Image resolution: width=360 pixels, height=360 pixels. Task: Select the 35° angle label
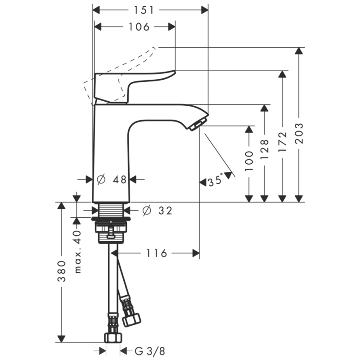click(x=215, y=181)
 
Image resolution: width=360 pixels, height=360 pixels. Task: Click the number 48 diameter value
click(x=119, y=180)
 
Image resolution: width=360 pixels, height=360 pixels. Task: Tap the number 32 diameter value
click(x=165, y=210)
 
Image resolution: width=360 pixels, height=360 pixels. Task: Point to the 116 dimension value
click(x=157, y=254)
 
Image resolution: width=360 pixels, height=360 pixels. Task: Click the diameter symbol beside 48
click(x=101, y=180)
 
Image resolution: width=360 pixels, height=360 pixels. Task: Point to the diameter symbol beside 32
click(x=146, y=210)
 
